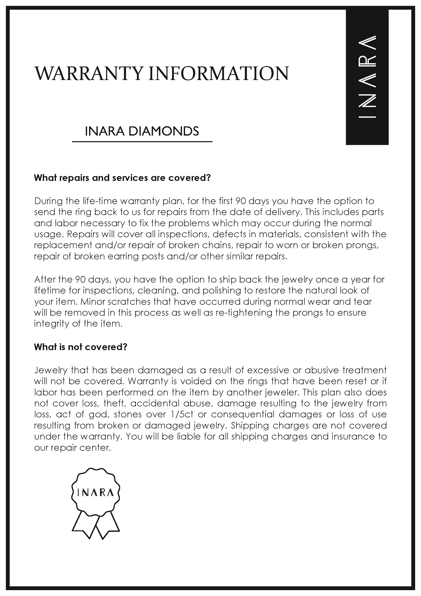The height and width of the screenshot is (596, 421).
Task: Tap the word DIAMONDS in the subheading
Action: coord(164,131)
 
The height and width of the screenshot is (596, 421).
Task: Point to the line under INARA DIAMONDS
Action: coord(142,142)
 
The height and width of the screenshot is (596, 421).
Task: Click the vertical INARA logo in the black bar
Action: coord(367,77)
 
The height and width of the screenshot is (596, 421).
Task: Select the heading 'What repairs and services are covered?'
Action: coord(122,178)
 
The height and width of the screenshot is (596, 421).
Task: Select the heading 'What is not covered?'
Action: coord(81,347)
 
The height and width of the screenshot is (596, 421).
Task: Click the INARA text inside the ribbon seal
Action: coord(96,493)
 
